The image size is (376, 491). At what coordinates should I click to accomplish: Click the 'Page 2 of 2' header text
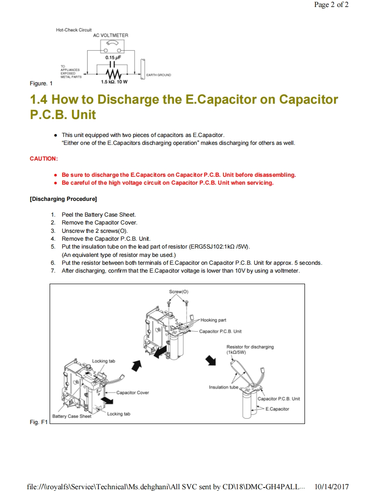pos(331,5)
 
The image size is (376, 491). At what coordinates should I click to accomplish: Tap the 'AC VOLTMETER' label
pos(110,35)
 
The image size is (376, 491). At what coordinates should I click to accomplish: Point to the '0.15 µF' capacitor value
pos(113,57)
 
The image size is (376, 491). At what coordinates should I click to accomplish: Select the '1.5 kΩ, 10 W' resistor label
pos(114,82)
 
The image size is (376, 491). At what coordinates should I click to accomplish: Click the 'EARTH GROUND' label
pos(158,75)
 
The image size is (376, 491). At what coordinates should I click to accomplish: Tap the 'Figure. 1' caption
pos(41,83)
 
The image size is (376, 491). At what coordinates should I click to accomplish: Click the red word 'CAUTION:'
pos(44,158)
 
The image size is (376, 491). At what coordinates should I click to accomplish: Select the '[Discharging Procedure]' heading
pos(63,199)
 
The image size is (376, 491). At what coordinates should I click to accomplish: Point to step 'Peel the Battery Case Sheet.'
pos(99,214)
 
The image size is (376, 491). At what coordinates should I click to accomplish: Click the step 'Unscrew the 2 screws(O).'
pos(94,231)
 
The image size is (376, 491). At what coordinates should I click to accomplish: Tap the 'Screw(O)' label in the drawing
pos(179,291)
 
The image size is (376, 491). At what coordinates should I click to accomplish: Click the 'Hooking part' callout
pos(213,320)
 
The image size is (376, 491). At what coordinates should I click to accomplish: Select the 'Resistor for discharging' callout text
pos(250,347)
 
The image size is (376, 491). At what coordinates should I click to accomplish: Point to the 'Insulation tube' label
pos(223,387)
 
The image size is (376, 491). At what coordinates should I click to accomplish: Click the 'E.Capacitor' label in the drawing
pos(277,409)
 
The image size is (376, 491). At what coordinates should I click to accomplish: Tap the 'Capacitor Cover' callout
pos(132,393)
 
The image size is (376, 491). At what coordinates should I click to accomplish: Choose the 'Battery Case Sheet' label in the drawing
pos(72,416)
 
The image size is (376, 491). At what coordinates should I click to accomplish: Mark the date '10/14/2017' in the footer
pos(332,487)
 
